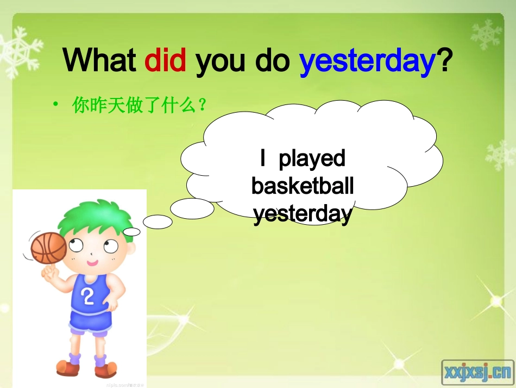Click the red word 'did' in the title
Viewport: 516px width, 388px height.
165,60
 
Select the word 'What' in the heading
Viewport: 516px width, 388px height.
99,60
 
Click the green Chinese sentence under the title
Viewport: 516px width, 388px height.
140,105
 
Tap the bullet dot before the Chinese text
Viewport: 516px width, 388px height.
56,104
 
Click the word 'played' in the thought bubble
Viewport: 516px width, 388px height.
312,159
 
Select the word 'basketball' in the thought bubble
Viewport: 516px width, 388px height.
303,186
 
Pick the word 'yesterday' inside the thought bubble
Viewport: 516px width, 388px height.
303,214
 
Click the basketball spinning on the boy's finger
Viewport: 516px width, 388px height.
48,248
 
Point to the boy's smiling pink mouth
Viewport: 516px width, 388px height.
92,263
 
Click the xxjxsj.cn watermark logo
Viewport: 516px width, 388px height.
477,372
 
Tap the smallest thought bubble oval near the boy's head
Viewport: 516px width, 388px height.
131,232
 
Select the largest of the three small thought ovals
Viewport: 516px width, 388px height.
192,208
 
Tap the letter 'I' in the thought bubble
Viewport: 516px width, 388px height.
263,159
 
